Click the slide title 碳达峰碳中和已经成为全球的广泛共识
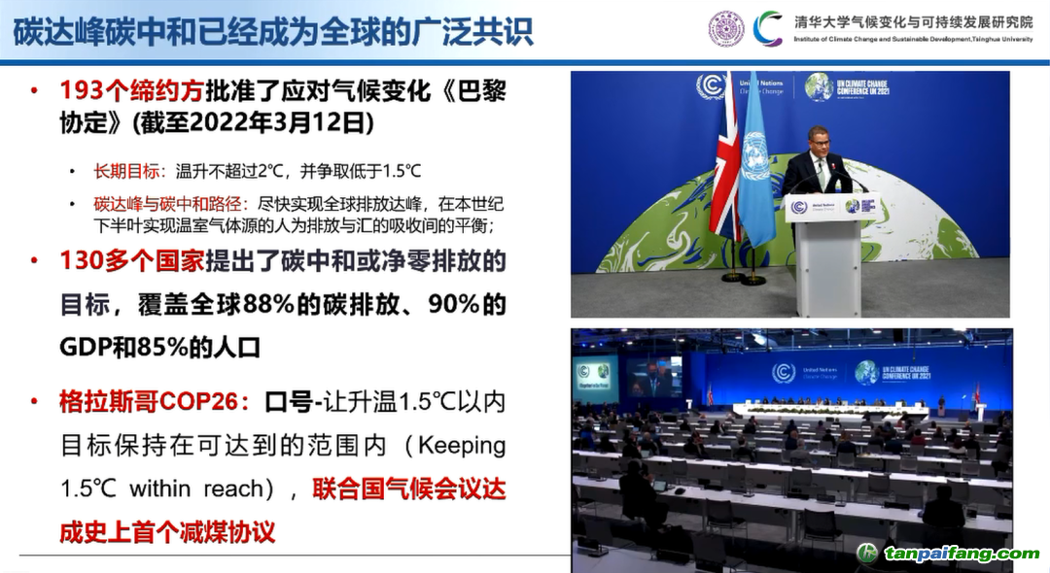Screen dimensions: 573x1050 pos(274,31)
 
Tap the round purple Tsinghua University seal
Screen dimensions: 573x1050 pos(725,28)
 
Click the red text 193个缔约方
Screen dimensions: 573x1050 pos(131,90)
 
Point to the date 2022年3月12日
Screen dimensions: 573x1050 pos(291,123)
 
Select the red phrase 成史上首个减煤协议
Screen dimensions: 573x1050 pos(167,531)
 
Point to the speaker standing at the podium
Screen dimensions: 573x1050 pos(818,160)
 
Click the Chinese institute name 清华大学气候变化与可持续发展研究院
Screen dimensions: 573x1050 pos(913,20)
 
